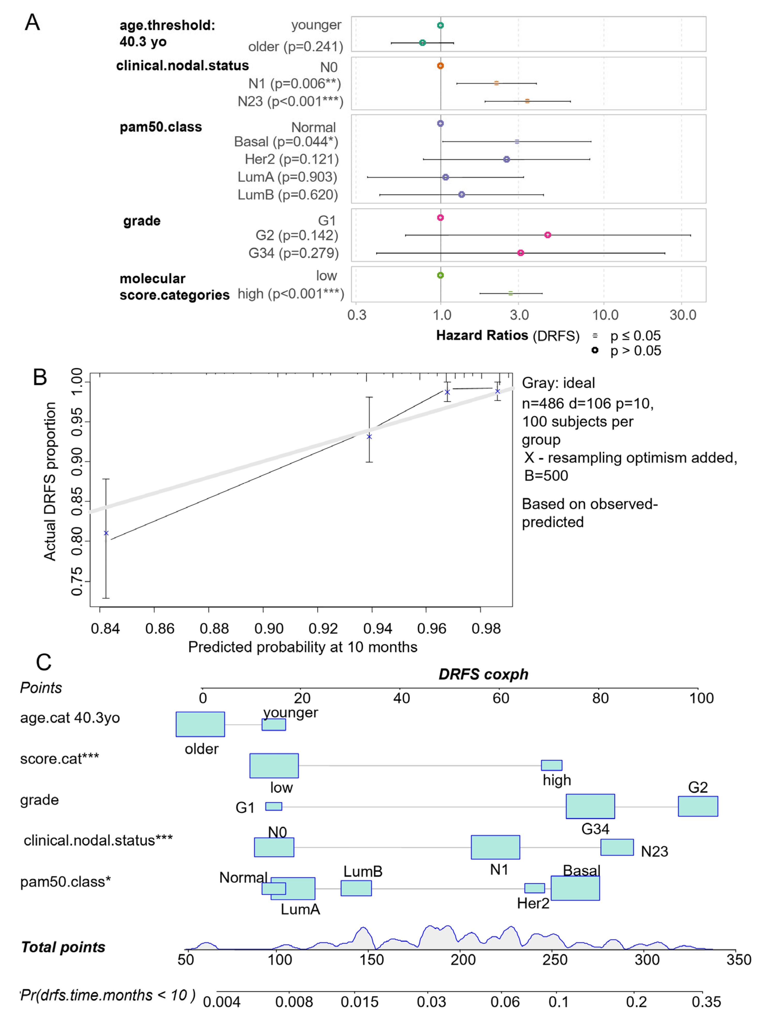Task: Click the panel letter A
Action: tap(32, 22)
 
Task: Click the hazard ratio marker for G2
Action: tap(547, 235)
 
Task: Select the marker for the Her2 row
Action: tap(506, 159)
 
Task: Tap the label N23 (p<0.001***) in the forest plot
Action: tap(290, 101)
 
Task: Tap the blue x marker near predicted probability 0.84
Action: tap(106, 533)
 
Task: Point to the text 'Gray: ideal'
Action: tap(558, 383)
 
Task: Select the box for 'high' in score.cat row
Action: tap(552, 765)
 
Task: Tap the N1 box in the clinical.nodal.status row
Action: tap(496, 847)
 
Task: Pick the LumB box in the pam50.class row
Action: tap(356, 888)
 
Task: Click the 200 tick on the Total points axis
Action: tap(463, 960)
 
